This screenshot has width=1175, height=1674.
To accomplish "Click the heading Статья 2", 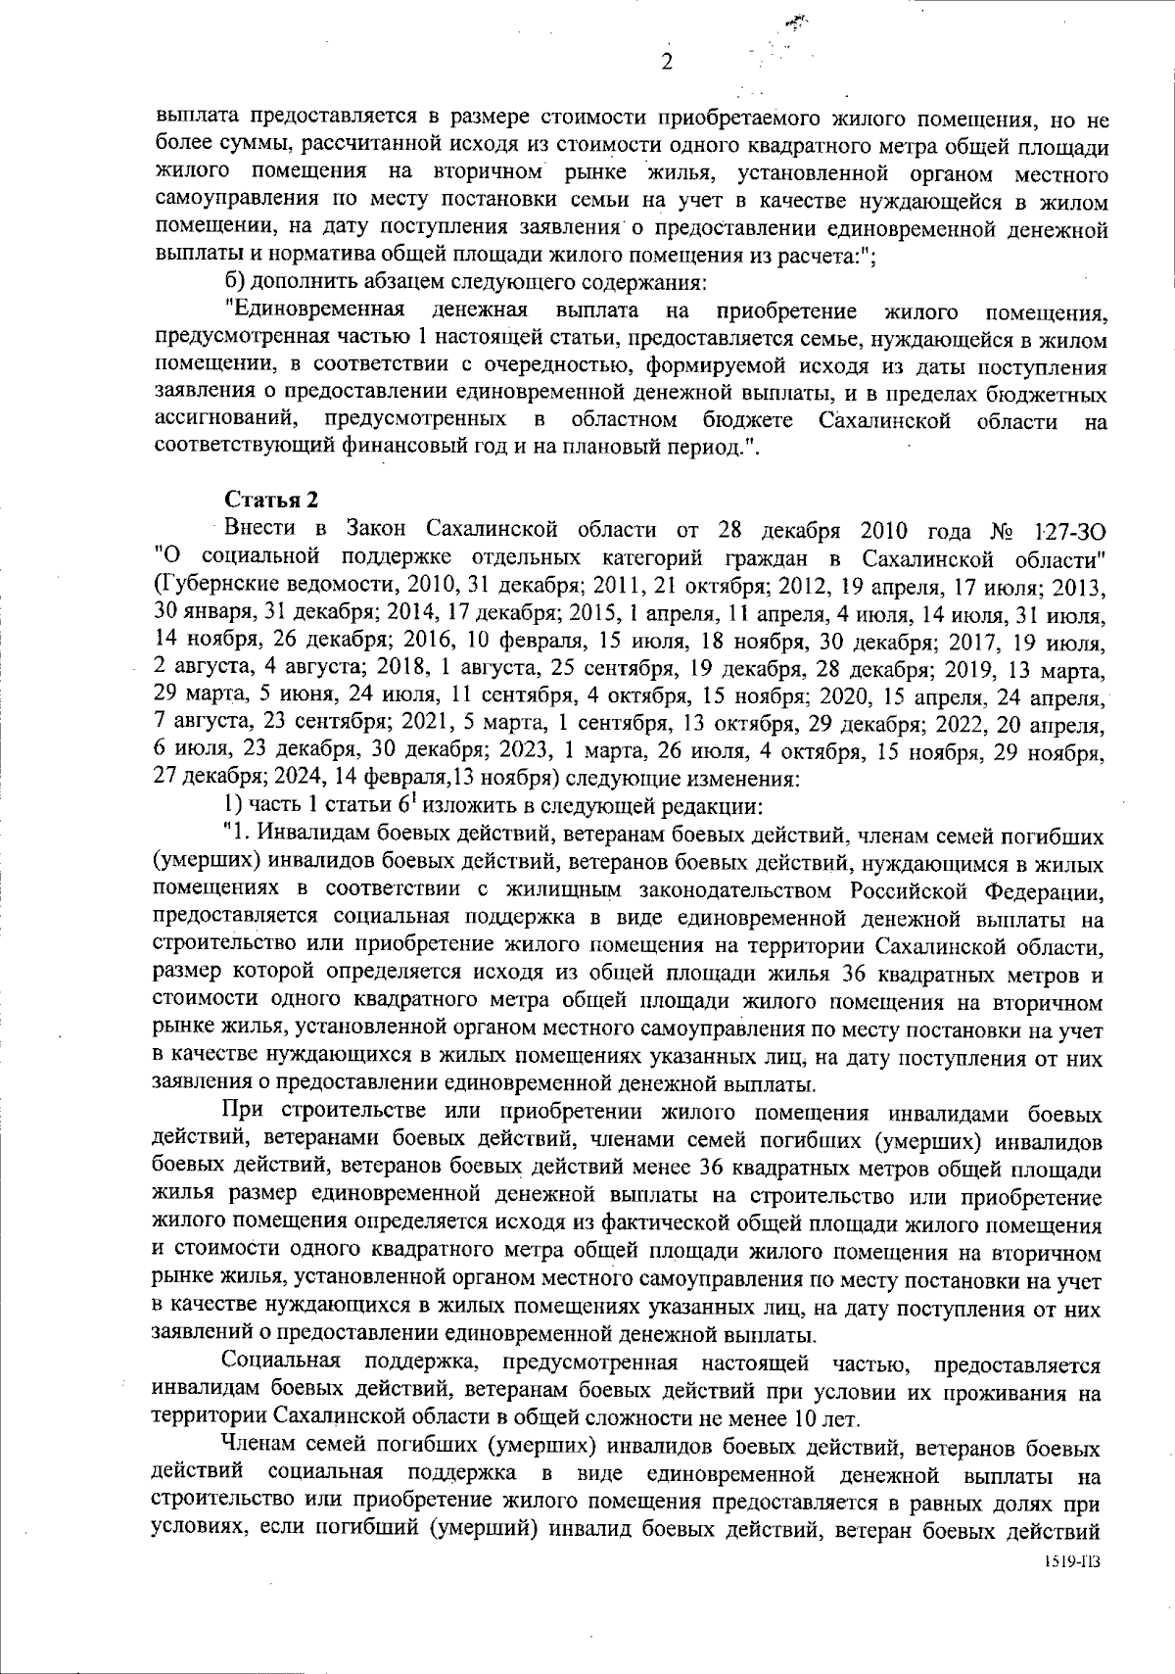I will click(271, 500).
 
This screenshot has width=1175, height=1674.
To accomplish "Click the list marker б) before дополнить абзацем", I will click(235, 284).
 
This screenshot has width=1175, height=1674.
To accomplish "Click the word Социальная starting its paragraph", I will click(280, 1363).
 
